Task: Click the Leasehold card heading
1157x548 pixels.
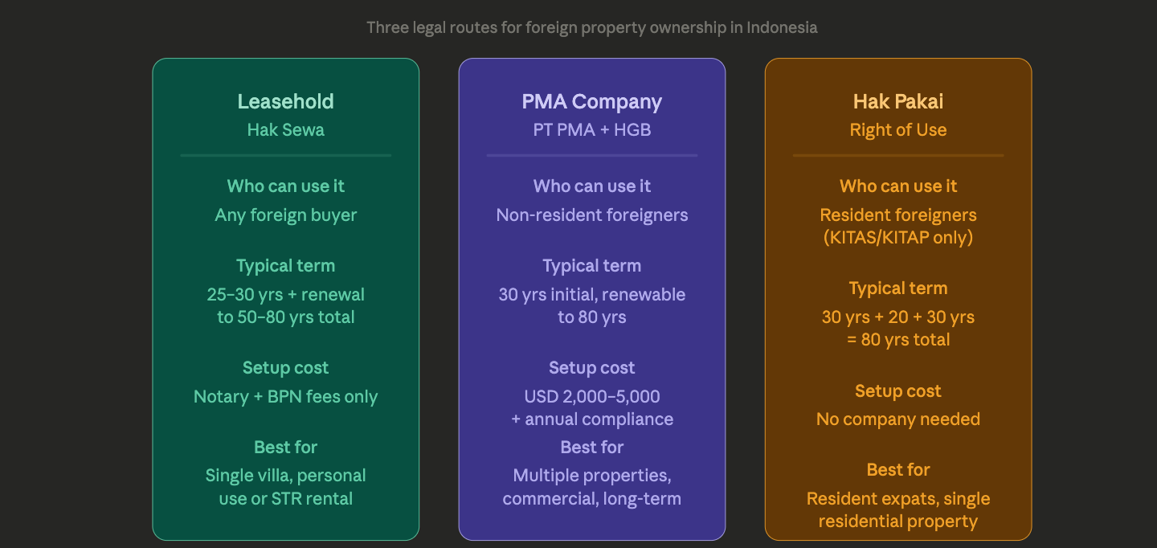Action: pyautogui.click(x=285, y=101)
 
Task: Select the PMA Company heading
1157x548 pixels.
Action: pyautogui.click(x=592, y=101)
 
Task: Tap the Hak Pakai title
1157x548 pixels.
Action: pyautogui.click(x=898, y=101)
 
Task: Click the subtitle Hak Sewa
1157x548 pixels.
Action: pyautogui.click(x=285, y=129)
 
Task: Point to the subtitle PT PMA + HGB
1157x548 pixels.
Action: pyautogui.click(x=592, y=129)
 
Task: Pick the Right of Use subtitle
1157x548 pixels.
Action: pyautogui.click(x=898, y=129)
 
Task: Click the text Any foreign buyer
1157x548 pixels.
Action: pyautogui.click(x=285, y=215)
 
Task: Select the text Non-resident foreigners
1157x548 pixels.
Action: pyautogui.click(x=592, y=215)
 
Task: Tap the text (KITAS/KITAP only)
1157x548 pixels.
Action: pyautogui.click(x=898, y=237)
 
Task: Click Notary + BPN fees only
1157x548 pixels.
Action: pyautogui.click(x=285, y=396)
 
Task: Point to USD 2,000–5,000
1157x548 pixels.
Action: pyautogui.click(x=592, y=396)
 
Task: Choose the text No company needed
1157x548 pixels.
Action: pyautogui.click(x=898, y=419)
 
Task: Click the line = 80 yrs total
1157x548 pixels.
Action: pyautogui.click(x=898, y=339)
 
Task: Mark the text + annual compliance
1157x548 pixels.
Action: pyautogui.click(x=592, y=419)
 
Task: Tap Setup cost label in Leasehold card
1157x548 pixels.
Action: pyautogui.click(x=285, y=367)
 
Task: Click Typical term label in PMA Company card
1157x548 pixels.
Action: pyautogui.click(x=592, y=265)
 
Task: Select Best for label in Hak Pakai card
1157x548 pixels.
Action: pyautogui.click(x=898, y=469)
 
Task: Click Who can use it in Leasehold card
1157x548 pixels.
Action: pyautogui.click(x=285, y=186)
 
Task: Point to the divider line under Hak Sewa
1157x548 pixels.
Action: pyautogui.click(x=285, y=155)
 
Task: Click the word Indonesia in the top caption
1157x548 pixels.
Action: pyautogui.click(x=782, y=27)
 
